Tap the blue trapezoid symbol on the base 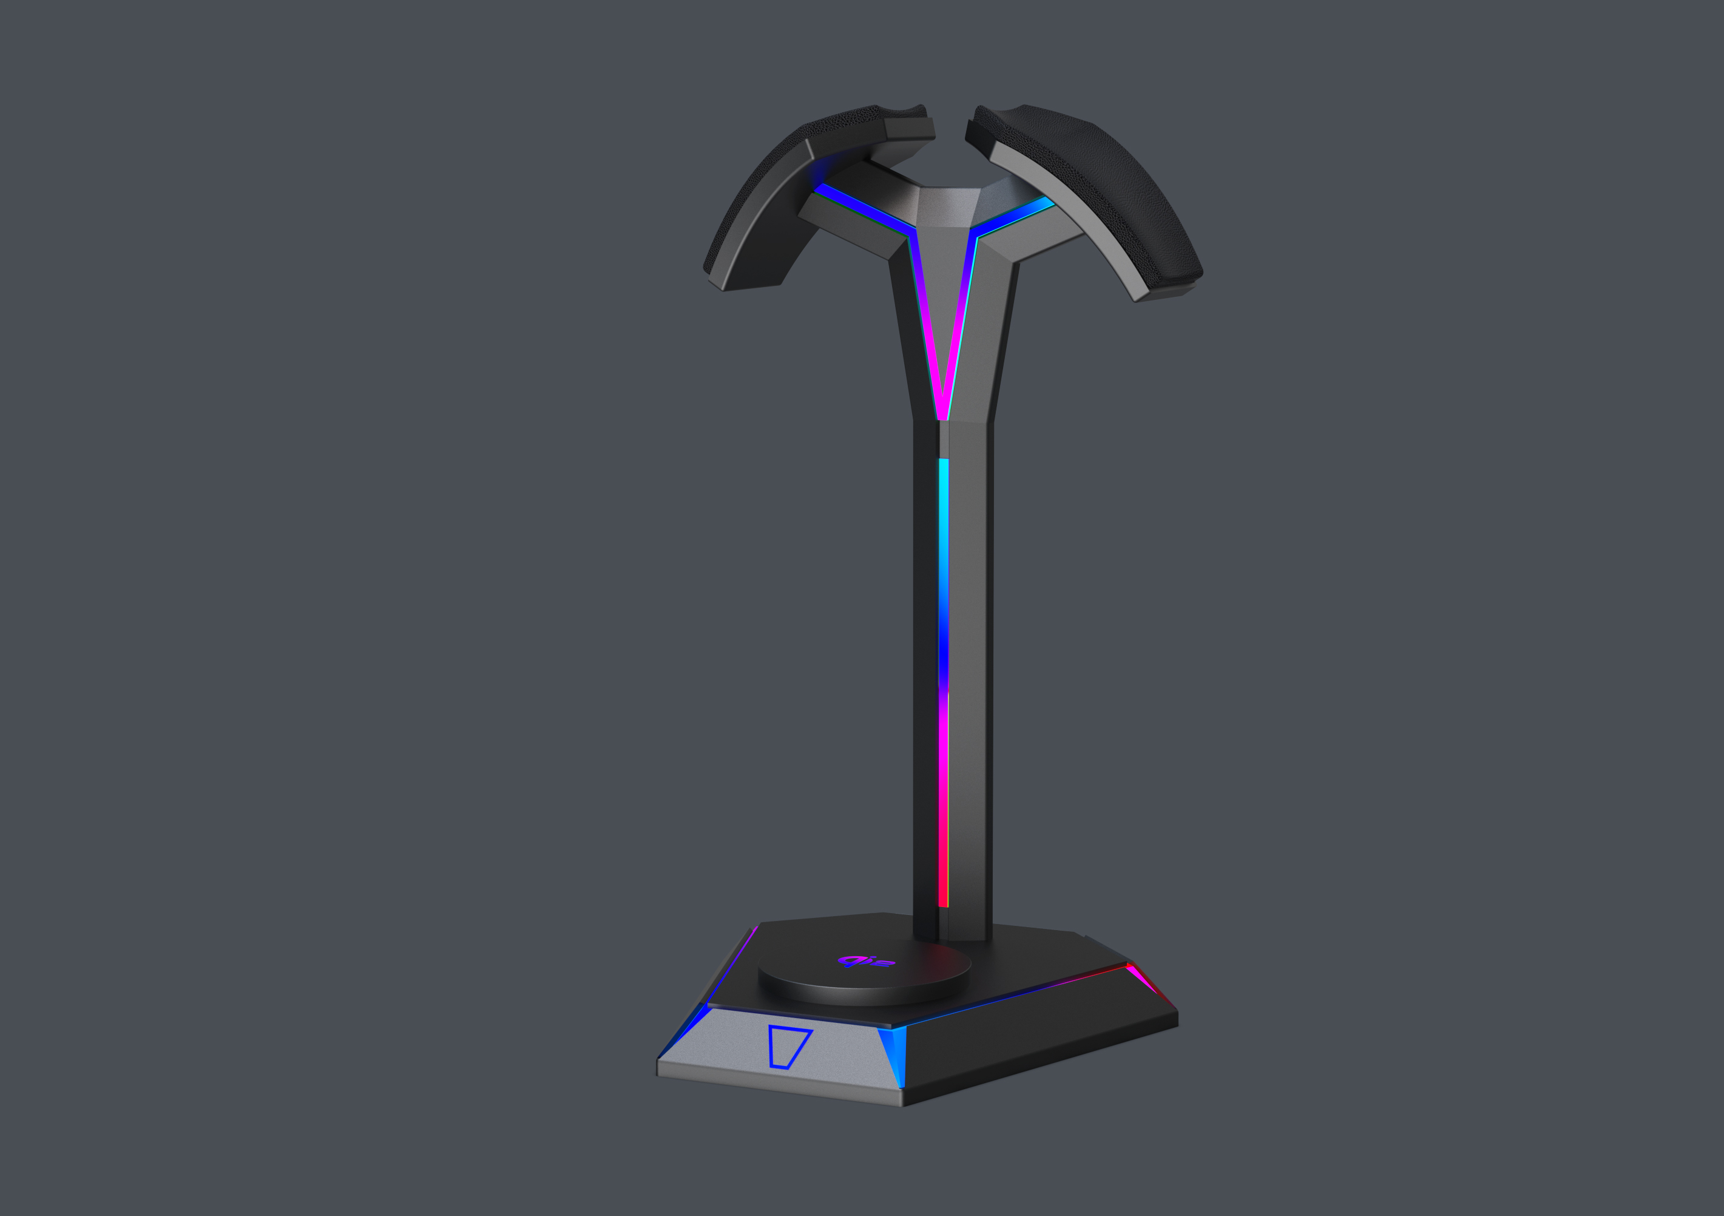788,1046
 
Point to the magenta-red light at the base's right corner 1149,984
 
